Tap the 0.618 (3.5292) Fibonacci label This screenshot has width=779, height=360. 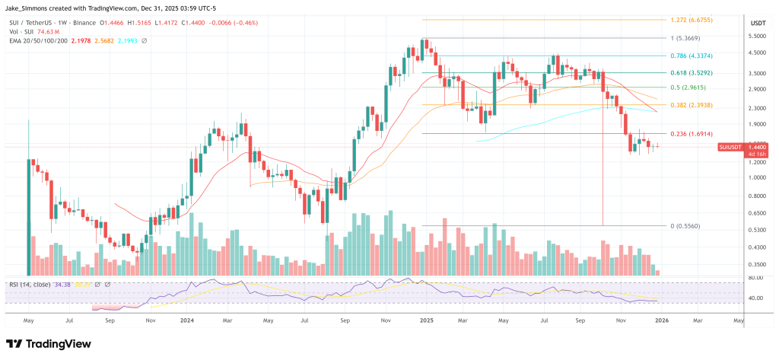pyautogui.click(x=692, y=72)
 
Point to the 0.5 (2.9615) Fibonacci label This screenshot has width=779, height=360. pyautogui.click(x=689, y=88)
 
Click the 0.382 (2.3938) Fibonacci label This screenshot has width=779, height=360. pyautogui.click(x=692, y=105)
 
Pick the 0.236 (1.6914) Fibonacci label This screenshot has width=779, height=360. pyautogui.click(x=692, y=134)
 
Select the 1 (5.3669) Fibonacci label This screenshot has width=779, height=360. pyautogui.click(x=686, y=37)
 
